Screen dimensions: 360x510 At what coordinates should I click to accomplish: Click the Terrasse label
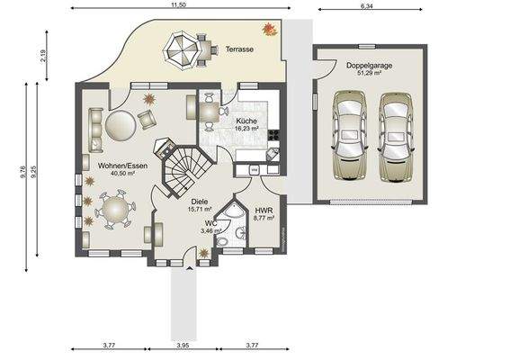[238, 49]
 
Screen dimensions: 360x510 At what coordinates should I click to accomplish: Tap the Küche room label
[246, 120]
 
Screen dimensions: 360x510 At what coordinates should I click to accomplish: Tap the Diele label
[201, 202]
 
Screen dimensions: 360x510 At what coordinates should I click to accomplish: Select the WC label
[210, 222]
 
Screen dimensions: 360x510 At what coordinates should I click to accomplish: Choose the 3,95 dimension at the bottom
[183, 346]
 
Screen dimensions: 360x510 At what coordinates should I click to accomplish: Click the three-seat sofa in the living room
[94, 130]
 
